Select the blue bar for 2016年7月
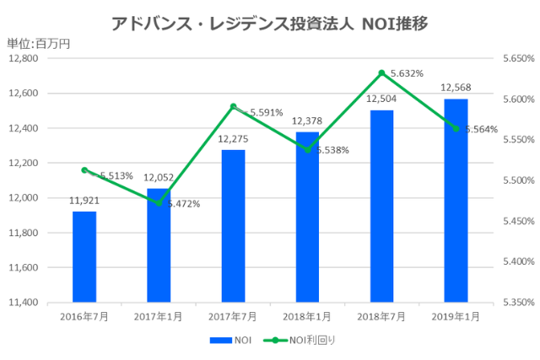84,256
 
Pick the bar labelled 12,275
233,225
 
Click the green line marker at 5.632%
381,73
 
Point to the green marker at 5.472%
159,203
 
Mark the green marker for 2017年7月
233,106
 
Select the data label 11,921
84,201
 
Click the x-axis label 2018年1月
307,316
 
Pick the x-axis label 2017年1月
159,316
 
